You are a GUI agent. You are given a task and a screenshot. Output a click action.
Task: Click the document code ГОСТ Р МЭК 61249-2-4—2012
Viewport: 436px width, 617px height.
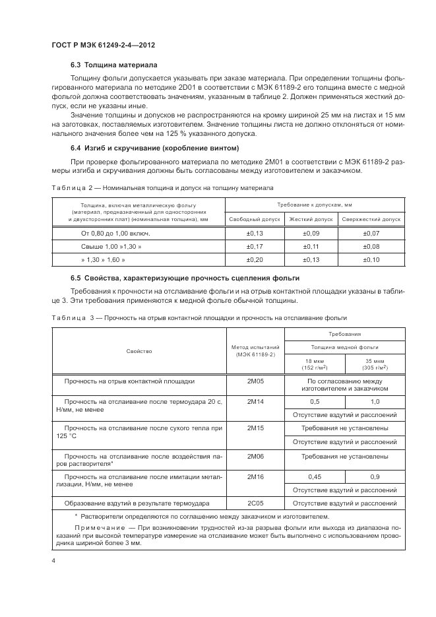point(107,46)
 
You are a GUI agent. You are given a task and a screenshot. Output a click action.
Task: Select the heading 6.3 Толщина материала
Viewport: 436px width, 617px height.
point(114,65)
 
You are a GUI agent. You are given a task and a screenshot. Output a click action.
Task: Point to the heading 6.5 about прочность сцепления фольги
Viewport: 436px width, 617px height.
point(185,279)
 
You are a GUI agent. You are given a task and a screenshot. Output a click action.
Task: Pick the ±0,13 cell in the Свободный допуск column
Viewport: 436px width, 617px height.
point(255,234)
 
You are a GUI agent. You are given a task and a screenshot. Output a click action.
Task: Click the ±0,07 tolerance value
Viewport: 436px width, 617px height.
point(372,234)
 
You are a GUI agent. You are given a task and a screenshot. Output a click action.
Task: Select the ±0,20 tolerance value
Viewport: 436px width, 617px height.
point(255,260)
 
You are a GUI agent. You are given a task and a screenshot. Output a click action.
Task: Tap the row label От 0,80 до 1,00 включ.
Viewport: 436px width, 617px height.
point(116,234)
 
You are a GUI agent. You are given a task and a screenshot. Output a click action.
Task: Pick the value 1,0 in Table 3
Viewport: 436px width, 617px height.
point(375,401)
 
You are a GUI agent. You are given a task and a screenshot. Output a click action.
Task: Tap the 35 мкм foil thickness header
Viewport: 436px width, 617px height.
point(374,362)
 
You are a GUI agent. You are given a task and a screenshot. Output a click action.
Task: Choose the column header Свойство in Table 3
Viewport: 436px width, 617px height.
point(139,351)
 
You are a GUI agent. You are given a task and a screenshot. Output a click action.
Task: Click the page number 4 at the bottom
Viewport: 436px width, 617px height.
point(53,561)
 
